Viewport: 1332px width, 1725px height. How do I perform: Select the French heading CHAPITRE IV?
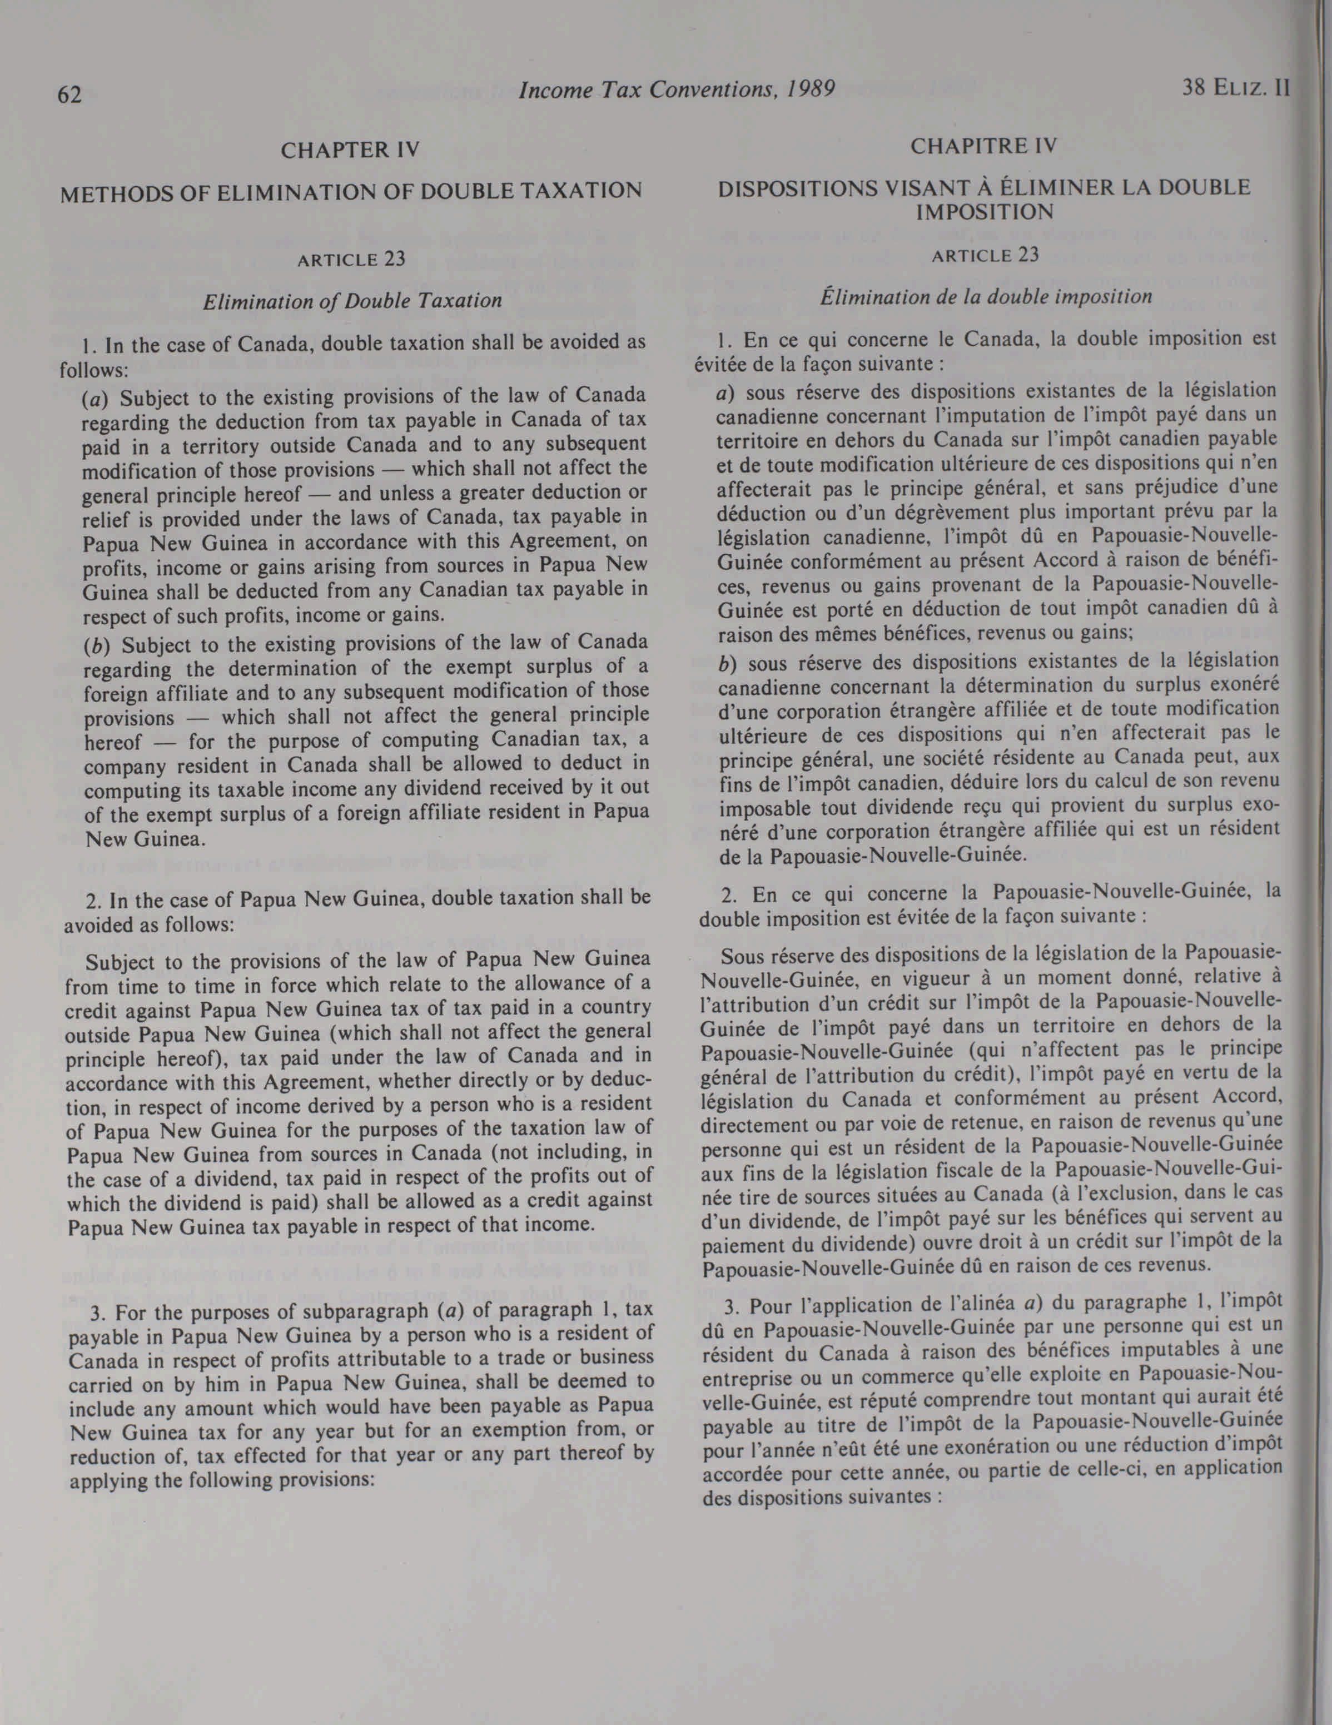[x=983, y=146]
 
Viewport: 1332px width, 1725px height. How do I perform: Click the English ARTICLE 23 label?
[x=351, y=260]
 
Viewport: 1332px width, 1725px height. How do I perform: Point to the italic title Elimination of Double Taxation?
[x=352, y=301]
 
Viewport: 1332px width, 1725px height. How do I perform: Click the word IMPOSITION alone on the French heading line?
[x=985, y=212]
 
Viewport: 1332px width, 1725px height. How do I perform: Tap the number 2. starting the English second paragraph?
[x=92, y=899]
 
